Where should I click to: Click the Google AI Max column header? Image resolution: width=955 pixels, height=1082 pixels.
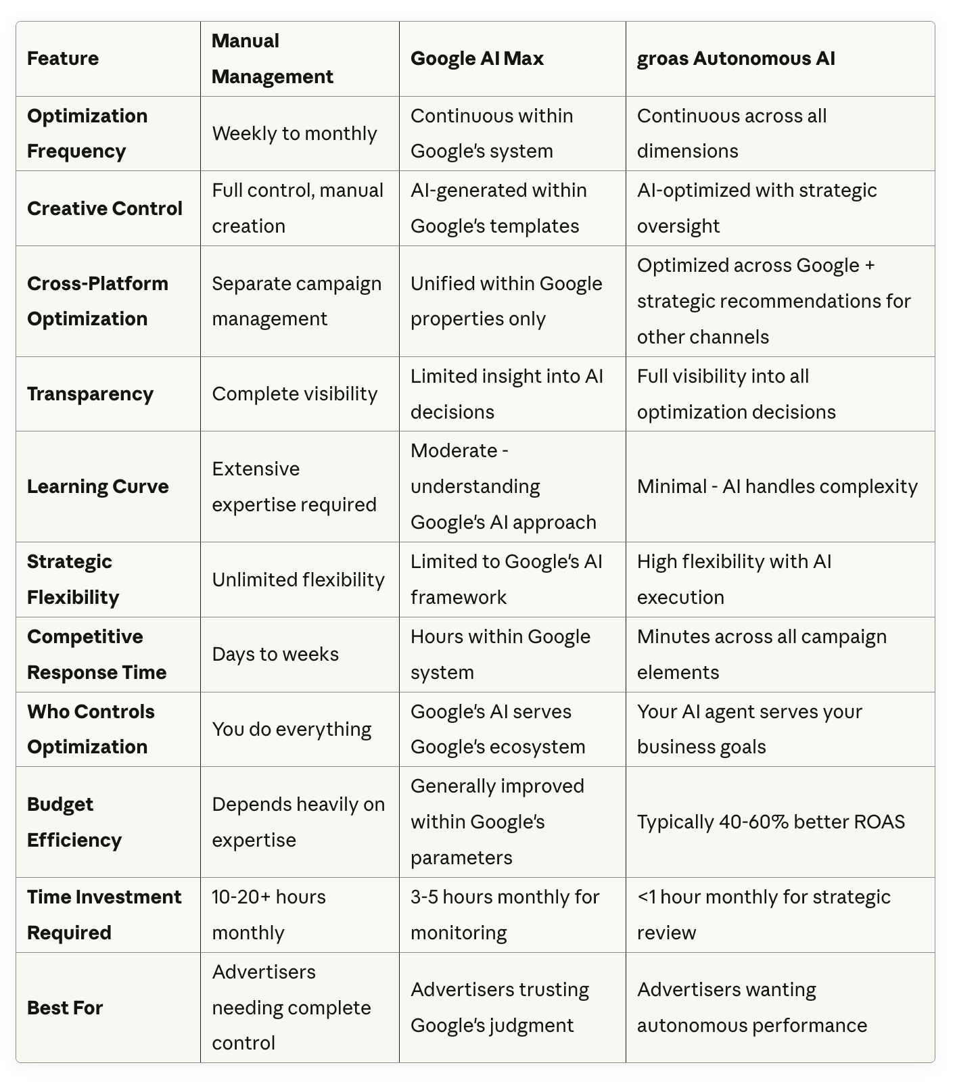(477, 59)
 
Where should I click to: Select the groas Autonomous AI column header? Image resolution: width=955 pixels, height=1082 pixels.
(736, 59)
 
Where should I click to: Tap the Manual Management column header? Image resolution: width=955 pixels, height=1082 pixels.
(272, 59)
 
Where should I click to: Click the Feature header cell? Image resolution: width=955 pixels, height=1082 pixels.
(63, 59)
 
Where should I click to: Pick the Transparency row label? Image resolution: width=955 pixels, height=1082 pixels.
(90, 394)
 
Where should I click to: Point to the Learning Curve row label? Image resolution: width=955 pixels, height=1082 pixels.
(97, 487)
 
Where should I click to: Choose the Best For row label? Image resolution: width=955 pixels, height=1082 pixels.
(65, 1008)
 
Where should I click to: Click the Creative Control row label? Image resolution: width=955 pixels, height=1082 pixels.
(105, 208)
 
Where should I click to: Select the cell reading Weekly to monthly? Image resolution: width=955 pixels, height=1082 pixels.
(294, 134)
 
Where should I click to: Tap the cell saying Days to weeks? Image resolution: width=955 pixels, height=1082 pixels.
(275, 655)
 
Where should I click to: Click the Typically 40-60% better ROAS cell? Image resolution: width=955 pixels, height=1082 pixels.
(770, 822)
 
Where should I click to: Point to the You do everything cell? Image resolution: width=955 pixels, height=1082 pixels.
(292, 730)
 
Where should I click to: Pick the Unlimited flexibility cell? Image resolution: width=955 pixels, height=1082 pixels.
(298, 580)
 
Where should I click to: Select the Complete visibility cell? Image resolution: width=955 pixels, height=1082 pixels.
(294, 394)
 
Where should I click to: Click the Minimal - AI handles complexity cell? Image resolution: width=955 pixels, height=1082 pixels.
(777, 487)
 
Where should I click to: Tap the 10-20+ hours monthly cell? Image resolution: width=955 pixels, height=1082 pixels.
(269, 915)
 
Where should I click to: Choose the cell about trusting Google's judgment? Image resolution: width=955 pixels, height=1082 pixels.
(500, 1008)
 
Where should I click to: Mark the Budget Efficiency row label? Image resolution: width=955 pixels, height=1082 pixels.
(74, 822)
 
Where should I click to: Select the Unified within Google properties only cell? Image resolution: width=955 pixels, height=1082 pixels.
(506, 302)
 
